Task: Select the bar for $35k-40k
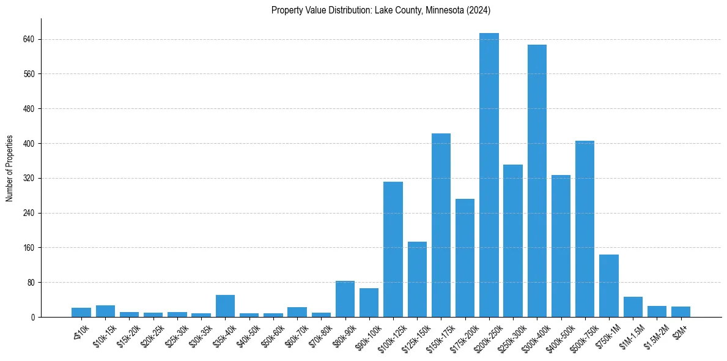[x=225, y=306]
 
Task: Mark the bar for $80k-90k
[x=345, y=299]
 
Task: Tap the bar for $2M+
[x=681, y=312]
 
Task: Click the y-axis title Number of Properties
[x=10, y=168]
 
